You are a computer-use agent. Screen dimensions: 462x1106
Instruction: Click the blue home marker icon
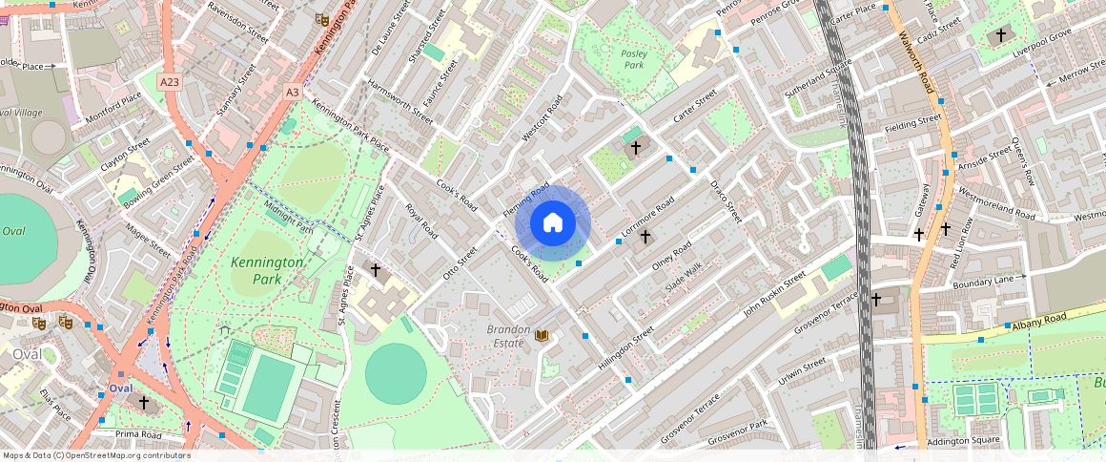point(553,223)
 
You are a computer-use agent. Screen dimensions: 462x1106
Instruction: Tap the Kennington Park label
point(267,269)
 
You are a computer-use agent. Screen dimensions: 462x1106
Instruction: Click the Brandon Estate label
point(507,335)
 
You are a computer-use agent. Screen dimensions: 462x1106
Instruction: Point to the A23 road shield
point(170,82)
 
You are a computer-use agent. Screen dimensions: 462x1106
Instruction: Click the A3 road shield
point(293,92)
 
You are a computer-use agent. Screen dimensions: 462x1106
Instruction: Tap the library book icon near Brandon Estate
point(542,336)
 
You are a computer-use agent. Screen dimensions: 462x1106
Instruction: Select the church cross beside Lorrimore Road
point(645,236)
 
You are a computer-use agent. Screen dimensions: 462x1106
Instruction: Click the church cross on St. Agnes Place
point(375,271)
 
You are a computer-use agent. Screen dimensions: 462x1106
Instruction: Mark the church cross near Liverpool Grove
point(1000,36)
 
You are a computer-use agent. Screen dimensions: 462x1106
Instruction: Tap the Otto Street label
point(460,263)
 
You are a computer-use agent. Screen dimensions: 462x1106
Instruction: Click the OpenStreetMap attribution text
point(95,455)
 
